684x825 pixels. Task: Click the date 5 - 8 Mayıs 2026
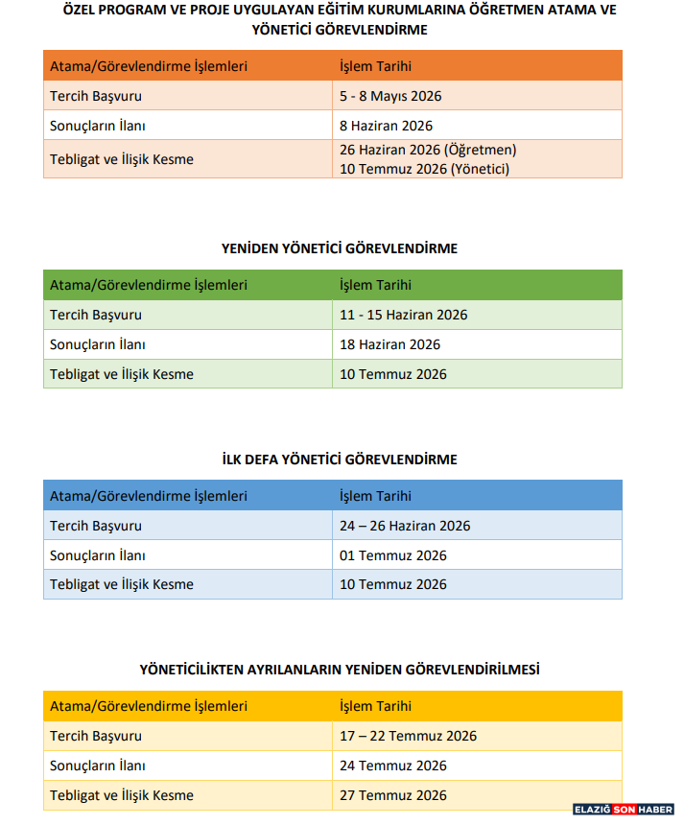point(390,96)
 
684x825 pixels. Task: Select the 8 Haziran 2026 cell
point(386,126)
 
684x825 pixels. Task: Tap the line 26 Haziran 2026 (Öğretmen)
point(428,150)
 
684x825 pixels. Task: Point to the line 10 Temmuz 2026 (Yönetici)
point(424,169)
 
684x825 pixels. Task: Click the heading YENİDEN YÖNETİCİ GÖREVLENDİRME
point(340,248)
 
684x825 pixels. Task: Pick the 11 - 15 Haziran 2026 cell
point(403,315)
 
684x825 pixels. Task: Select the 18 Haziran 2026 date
point(389,344)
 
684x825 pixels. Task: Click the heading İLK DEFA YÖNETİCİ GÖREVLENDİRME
point(340,460)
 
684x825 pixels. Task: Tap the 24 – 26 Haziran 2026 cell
point(405,526)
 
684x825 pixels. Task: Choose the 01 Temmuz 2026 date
point(393,555)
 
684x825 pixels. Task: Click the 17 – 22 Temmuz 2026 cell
point(408,736)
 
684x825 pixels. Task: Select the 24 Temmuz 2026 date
point(393,766)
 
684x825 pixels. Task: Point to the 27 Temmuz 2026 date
point(393,795)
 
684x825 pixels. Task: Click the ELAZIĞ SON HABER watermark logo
point(624,810)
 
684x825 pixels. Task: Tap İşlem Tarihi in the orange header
point(375,66)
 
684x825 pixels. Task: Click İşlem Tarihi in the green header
point(375,285)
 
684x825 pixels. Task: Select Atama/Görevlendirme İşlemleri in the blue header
point(149,496)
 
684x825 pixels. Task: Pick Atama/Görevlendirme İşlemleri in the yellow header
point(149,706)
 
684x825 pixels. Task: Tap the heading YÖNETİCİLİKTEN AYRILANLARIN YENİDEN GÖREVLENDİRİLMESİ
point(340,670)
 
